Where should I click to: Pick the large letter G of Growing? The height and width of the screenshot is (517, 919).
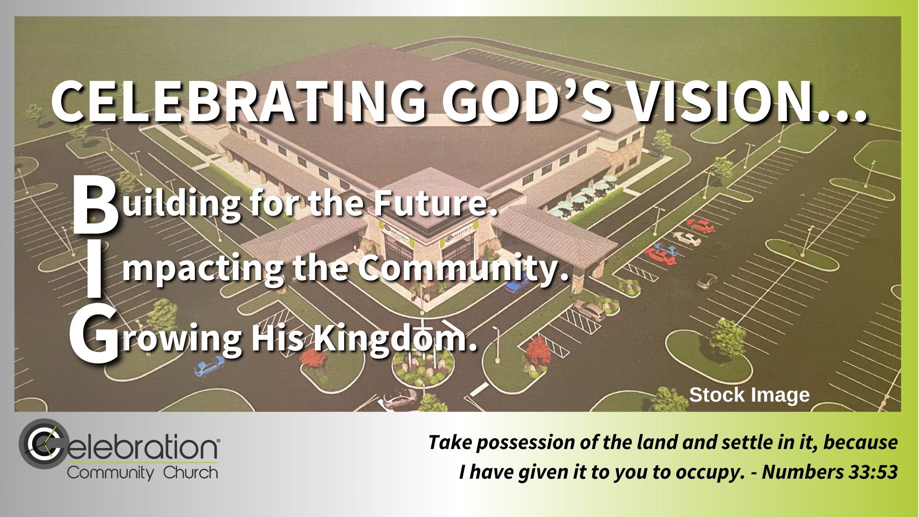[x=94, y=335]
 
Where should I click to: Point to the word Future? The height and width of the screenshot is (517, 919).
[x=436, y=203]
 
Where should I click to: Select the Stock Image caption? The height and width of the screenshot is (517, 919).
[x=750, y=395]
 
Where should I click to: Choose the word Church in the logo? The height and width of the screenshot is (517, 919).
[x=191, y=473]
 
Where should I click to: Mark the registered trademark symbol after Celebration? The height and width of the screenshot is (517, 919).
[x=219, y=439]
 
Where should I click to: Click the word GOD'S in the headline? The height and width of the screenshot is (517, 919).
[x=527, y=102]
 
